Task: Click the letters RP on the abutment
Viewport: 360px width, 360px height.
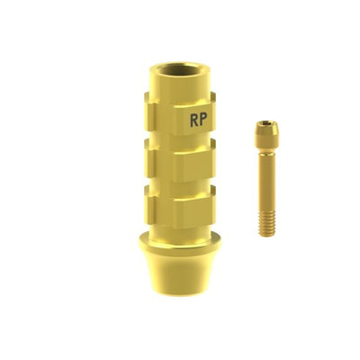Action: click(x=199, y=120)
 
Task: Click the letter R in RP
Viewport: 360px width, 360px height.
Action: click(x=194, y=120)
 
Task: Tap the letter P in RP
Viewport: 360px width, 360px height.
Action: click(x=203, y=120)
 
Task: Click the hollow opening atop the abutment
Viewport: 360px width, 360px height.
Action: click(x=179, y=69)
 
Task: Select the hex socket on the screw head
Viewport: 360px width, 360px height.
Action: click(x=266, y=123)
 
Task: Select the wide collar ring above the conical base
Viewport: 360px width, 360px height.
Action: click(x=179, y=244)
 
